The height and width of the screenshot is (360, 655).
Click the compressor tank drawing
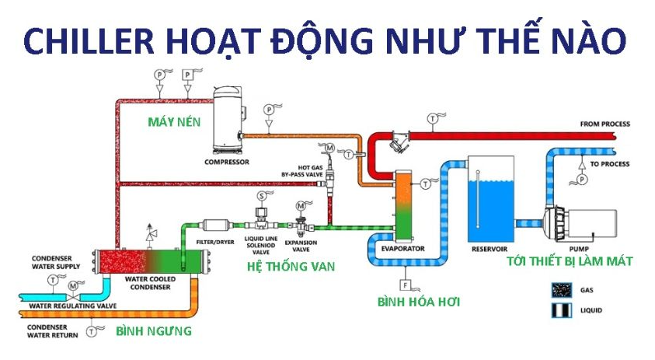point(228,120)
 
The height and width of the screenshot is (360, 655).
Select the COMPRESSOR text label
point(227,163)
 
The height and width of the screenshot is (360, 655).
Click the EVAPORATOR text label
point(402,249)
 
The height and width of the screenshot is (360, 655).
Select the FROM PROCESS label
point(604,124)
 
